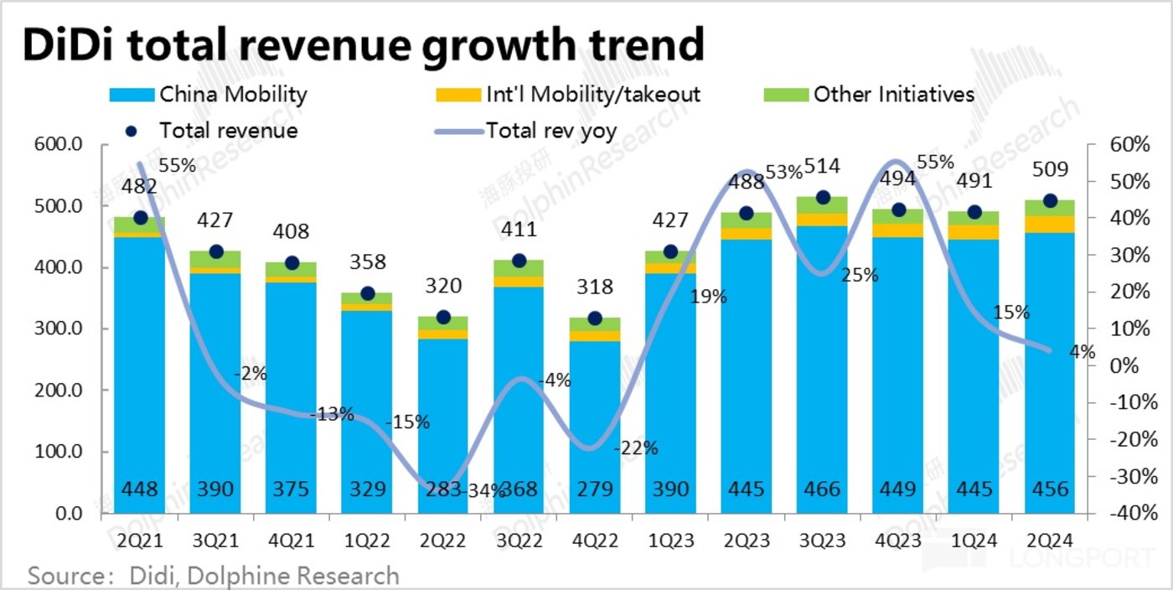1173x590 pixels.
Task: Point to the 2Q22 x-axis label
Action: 442,542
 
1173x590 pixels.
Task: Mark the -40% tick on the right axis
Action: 1115,513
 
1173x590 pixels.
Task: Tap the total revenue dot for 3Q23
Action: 822,197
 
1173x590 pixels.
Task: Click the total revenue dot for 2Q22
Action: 443,317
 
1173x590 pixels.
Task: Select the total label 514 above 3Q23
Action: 822,166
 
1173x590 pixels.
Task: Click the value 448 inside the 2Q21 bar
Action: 140,489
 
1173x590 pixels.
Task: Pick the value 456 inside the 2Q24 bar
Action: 1049,489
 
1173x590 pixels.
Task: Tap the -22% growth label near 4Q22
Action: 636,448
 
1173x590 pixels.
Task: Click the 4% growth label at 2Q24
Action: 1083,353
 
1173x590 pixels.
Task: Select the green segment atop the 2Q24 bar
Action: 1049,207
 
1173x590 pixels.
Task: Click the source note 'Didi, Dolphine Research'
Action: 265,576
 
